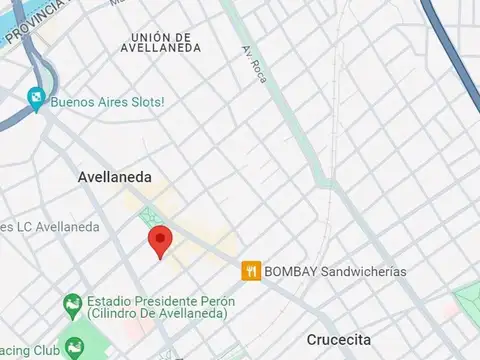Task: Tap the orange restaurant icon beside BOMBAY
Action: [251, 270]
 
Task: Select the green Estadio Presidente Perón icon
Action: [71, 302]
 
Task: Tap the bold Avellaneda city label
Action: [115, 177]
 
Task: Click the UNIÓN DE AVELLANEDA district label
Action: [160, 41]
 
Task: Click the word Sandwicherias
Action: [357, 270]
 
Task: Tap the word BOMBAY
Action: [285, 270]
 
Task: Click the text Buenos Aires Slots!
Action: [107, 102]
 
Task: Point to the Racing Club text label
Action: [25, 350]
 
